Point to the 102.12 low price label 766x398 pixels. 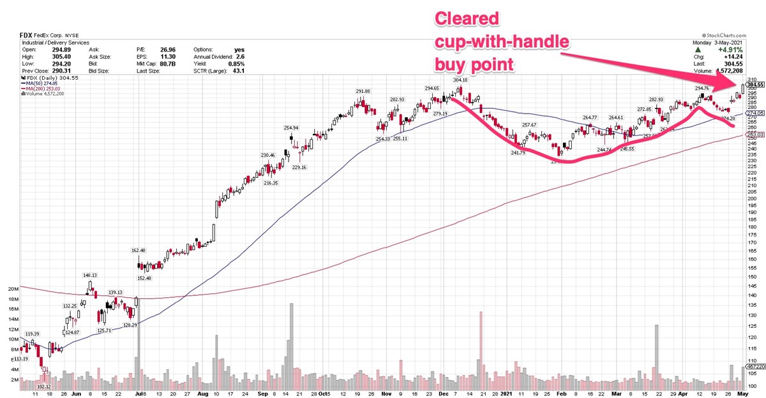[43, 387]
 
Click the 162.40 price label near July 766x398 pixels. [139, 251]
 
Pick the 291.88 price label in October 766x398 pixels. [363, 91]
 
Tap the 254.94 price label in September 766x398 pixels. [292, 128]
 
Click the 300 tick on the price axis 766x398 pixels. [752, 86]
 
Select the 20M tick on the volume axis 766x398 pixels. [13, 289]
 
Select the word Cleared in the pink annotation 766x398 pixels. [467, 18]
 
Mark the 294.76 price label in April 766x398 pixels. [702, 89]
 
